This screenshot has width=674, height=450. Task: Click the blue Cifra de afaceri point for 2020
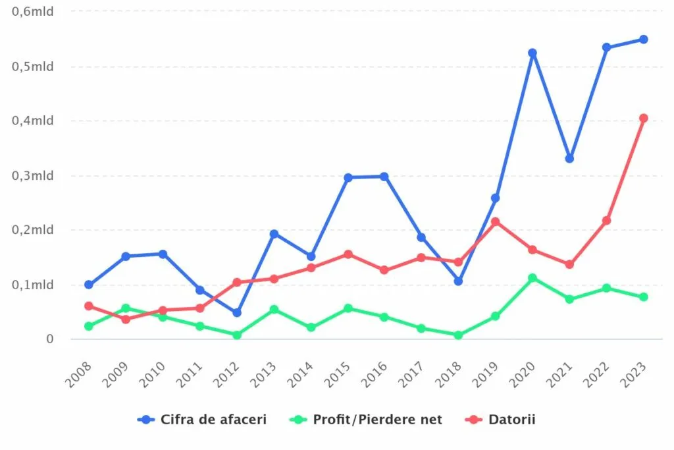tap(532, 53)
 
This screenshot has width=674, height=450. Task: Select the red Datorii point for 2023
tap(644, 119)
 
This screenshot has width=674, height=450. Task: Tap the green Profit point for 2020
tap(532, 278)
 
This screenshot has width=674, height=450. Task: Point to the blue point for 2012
tap(237, 312)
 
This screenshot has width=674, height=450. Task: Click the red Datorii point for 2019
tap(496, 221)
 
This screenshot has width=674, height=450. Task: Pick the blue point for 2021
tap(569, 159)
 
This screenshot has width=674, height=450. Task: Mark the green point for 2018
tap(459, 335)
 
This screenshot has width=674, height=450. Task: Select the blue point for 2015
tap(348, 177)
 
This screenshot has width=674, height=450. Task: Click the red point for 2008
tap(89, 306)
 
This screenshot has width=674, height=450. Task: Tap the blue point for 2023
tap(644, 40)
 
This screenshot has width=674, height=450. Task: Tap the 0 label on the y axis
tap(49, 339)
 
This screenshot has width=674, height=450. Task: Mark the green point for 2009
tap(126, 308)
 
